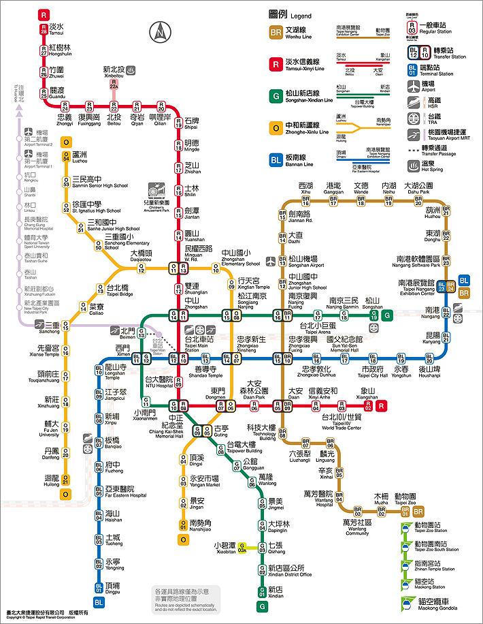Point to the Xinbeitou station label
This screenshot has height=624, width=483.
[113, 72]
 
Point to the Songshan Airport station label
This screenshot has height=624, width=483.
[303, 262]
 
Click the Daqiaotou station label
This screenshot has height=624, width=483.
[141, 255]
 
